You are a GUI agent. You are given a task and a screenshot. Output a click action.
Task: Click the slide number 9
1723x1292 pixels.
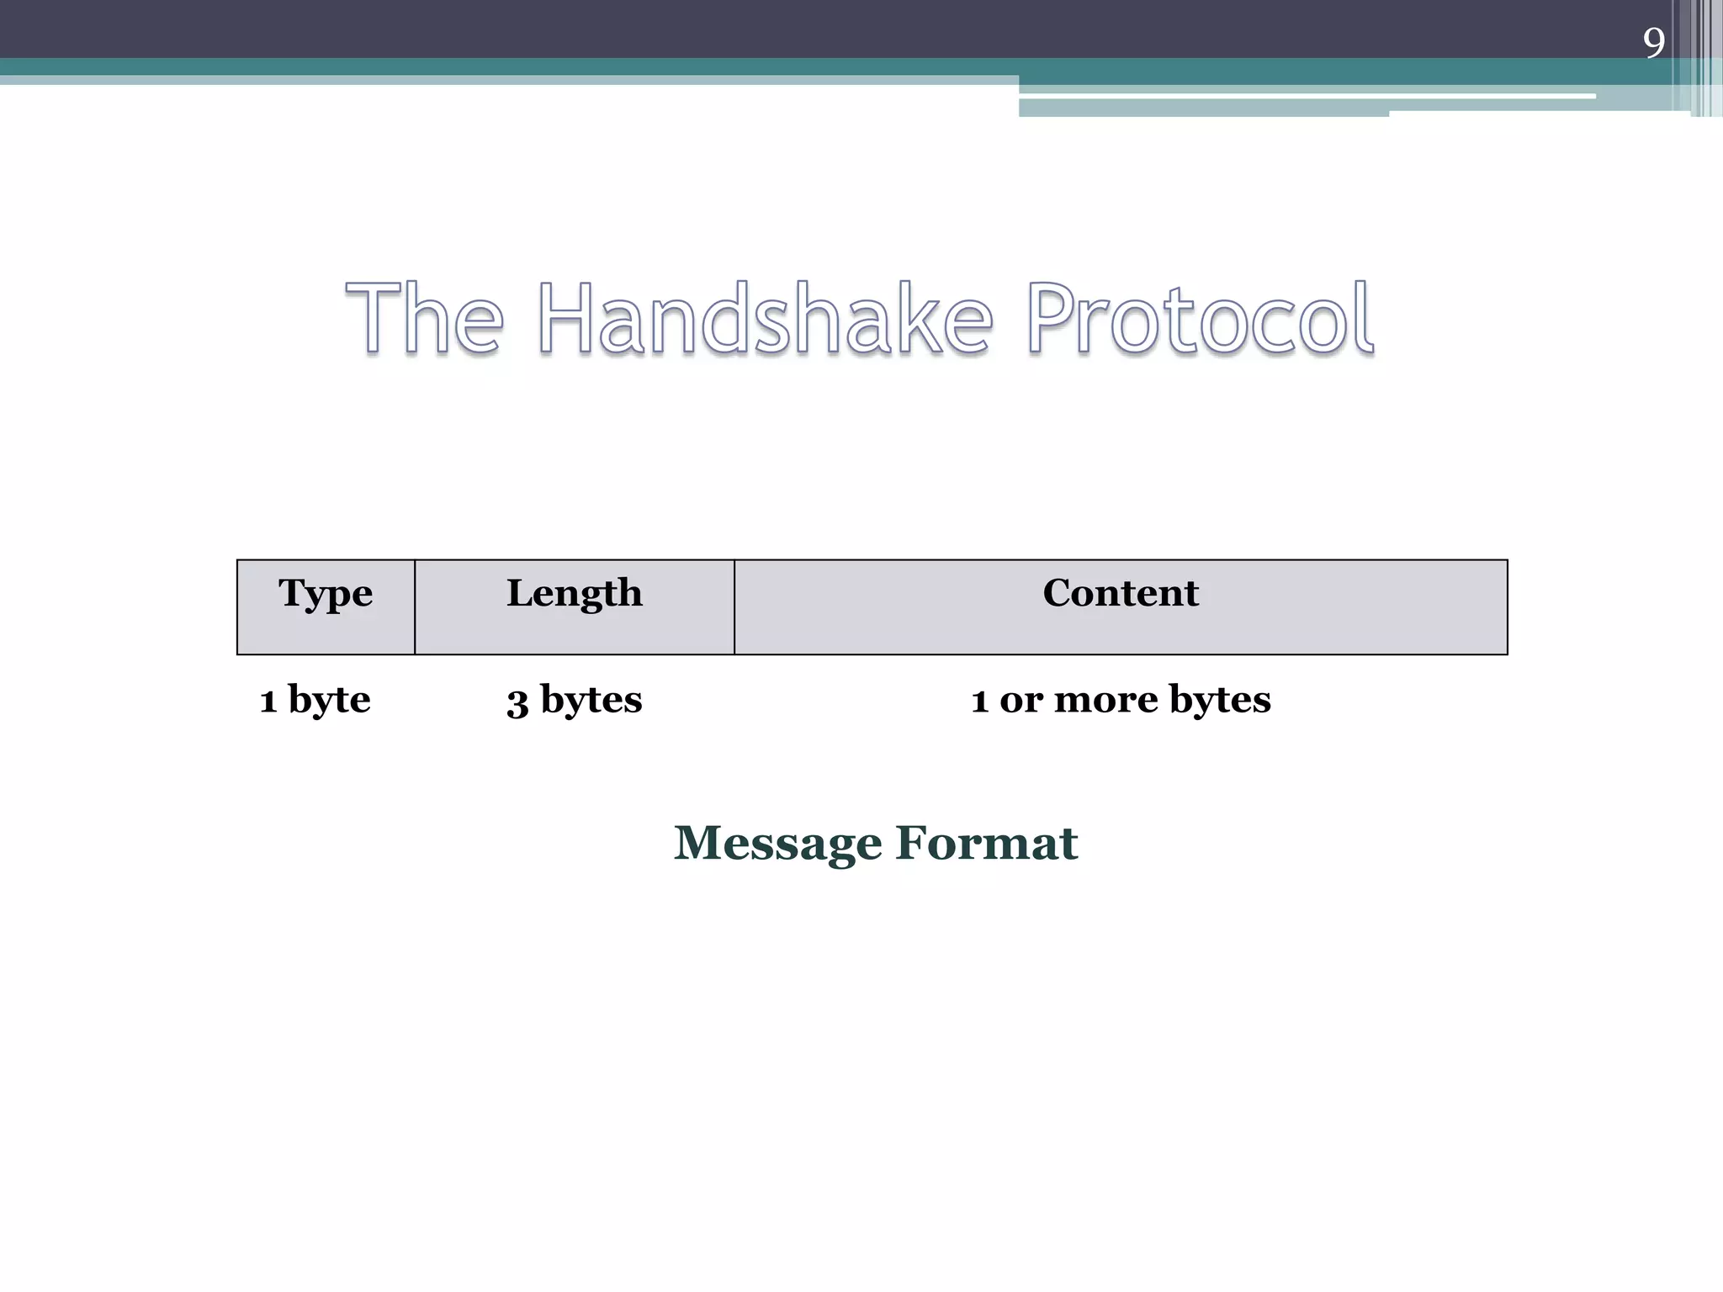pyautogui.click(x=1653, y=42)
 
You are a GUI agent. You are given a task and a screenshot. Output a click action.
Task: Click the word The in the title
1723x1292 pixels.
pyautogui.click(x=424, y=319)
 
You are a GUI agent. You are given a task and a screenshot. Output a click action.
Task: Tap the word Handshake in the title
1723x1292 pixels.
pyautogui.click(x=765, y=319)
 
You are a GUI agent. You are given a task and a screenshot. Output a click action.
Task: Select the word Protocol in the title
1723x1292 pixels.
pyautogui.click(x=1200, y=319)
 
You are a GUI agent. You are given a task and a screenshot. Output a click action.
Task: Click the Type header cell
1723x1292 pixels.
pyautogui.click(x=326, y=606)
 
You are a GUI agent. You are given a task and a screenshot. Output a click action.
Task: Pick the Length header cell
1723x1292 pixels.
pyautogui.click(x=574, y=606)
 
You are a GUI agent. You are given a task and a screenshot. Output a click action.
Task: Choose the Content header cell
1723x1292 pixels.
pyautogui.click(x=1121, y=606)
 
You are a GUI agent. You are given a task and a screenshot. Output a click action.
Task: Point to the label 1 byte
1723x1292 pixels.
pyautogui.click(x=315, y=699)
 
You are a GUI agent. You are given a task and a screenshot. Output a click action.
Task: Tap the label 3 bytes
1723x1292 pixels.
pyautogui.click(x=574, y=699)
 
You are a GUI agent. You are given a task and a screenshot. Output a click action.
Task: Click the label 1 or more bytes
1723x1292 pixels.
pyautogui.click(x=1121, y=699)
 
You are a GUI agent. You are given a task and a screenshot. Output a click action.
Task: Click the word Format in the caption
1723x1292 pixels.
pyautogui.click(x=986, y=843)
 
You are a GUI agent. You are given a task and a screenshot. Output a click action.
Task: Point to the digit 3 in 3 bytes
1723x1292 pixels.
pyautogui.click(x=517, y=702)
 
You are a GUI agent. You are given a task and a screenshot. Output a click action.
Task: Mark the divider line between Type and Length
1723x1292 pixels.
pyautogui.click(x=415, y=606)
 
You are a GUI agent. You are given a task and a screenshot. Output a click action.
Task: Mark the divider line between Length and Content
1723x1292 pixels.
pyautogui.click(x=734, y=606)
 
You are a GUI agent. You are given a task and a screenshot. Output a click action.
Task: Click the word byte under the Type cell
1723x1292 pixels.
pyautogui.click(x=329, y=699)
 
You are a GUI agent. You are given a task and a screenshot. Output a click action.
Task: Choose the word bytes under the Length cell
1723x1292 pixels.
pyautogui.click(x=591, y=699)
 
